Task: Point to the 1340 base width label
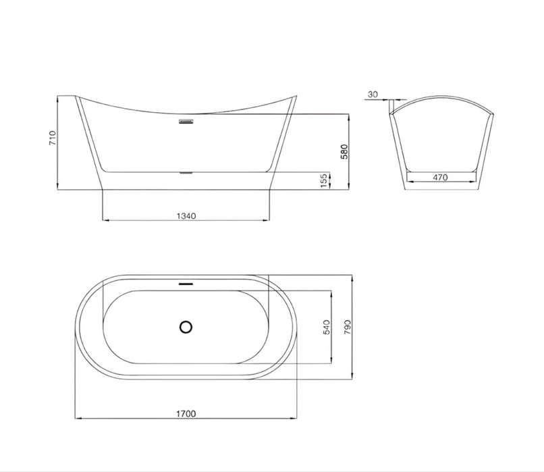[x=186, y=216]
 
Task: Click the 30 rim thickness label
[x=373, y=95]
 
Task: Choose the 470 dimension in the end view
[x=440, y=177]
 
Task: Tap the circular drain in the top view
[x=186, y=327]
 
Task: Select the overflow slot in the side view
[x=186, y=122]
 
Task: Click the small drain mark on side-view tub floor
[x=186, y=172]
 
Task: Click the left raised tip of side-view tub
[x=76, y=95]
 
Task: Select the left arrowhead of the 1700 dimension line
[x=76, y=419]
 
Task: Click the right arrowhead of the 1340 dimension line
[x=267, y=221]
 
